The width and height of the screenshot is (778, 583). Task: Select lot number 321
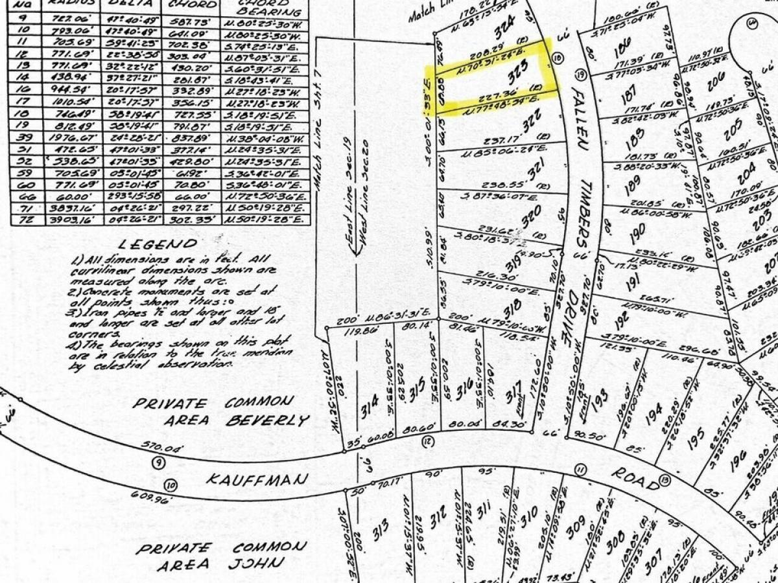click(x=534, y=172)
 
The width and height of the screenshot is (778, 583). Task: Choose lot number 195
click(x=696, y=440)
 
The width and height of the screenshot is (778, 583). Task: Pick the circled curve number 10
click(x=171, y=483)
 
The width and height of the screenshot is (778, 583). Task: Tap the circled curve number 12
click(x=427, y=442)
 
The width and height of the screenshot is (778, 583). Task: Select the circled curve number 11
click(x=580, y=469)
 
